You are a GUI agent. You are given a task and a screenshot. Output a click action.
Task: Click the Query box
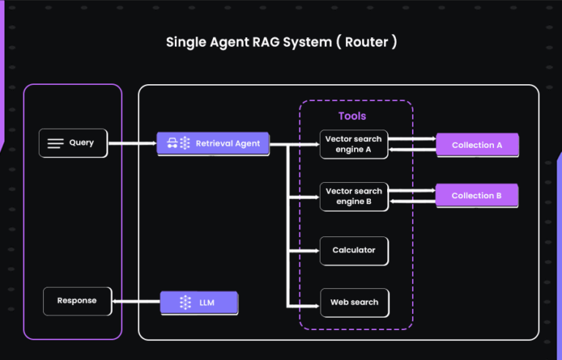tap(72, 143)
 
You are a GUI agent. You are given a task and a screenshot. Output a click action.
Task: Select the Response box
tap(77, 301)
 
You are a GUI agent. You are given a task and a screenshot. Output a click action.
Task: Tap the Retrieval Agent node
tap(213, 143)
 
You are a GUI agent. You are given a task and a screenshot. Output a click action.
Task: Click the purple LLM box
tap(199, 302)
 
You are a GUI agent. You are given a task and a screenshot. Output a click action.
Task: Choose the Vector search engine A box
tap(354, 144)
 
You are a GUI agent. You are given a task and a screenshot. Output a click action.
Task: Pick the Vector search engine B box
tap(354, 196)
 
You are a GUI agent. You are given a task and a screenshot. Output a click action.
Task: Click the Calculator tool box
tap(354, 250)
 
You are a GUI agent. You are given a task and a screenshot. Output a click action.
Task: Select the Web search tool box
tap(354, 302)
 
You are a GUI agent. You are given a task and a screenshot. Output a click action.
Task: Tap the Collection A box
tap(477, 145)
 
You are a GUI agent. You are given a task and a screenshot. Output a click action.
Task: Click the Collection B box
tap(477, 195)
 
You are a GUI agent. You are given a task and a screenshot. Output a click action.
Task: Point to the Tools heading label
tap(352, 116)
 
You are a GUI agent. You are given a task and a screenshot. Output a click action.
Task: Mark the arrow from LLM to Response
tap(136, 301)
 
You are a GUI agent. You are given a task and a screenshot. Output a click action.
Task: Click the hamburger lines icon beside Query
tap(56, 143)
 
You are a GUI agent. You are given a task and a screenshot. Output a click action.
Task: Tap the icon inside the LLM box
tap(185, 302)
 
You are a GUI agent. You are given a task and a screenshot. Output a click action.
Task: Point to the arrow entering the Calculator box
tap(306, 250)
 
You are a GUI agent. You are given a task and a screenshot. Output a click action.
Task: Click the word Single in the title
tap(186, 42)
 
